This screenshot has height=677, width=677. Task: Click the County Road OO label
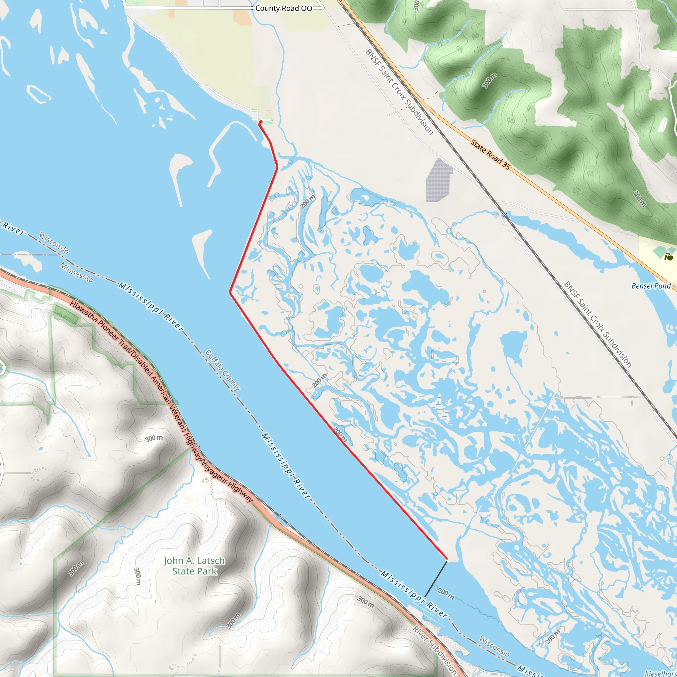(x=284, y=8)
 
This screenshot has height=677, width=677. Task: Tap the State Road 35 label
(x=490, y=154)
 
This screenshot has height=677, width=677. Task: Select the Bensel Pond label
(x=651, y=286)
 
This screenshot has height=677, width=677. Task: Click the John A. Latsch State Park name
(x=194, y=566)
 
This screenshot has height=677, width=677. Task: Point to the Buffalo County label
(x=223, y=370)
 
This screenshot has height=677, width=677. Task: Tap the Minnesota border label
(x=76, y=273)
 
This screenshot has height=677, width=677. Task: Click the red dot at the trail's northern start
(x=261, y=122)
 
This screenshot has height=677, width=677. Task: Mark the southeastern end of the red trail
(x=446, y=559)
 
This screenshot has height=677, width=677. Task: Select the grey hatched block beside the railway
(x=438, y=180)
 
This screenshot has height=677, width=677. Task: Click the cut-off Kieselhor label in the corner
(x=661, y=673)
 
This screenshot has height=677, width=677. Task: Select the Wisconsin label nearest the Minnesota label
(x=54, y=243)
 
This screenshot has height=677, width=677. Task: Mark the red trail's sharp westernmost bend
(x=230, y=292)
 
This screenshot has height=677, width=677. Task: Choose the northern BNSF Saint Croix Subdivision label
(x=399, y=92)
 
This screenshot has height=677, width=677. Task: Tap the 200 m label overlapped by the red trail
(x=340, y=435)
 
